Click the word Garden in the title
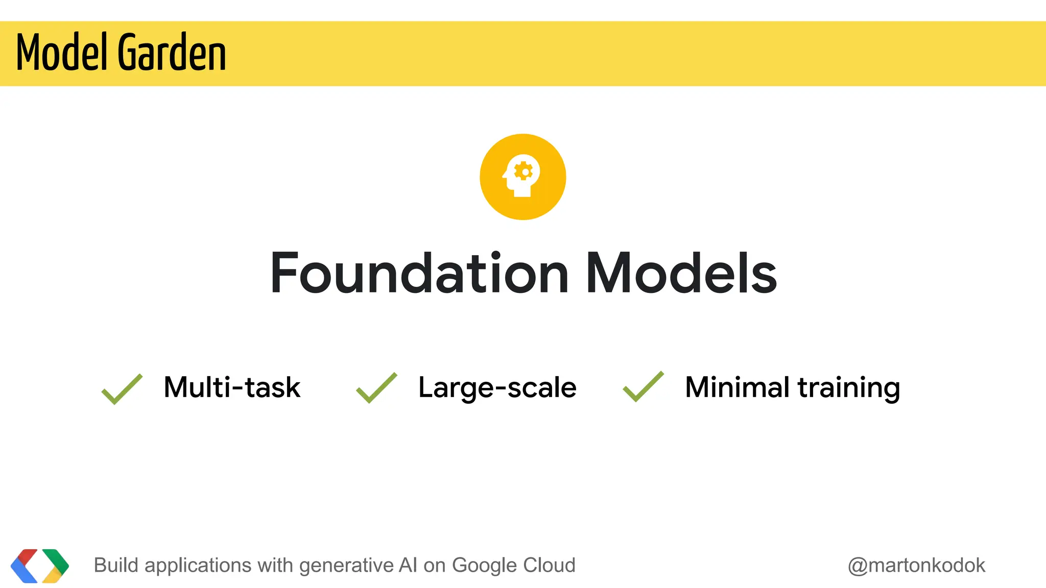[x=172, y=52]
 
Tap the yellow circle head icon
[x=522, y=177]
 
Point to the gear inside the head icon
[x=524, y=171]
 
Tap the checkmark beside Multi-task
[x=122, y=389]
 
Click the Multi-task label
[x=232, y=387]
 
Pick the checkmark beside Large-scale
[x=376, y=388]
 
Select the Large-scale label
[x=497, y=387]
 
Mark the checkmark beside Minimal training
[x=643, y=387]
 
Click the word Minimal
[x=738, y=387]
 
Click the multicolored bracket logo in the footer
[x=40, y=566]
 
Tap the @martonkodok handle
[x=916, y=566]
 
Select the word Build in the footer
[x=116, y=566]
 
